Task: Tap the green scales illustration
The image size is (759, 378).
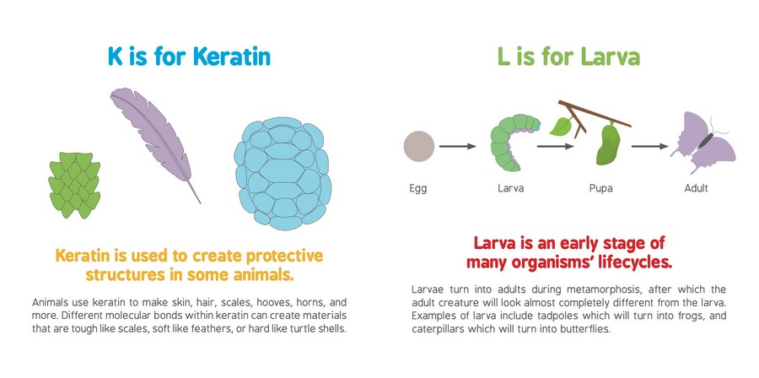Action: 74,185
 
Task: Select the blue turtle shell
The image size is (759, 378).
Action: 283,173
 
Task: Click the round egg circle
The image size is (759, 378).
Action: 419,146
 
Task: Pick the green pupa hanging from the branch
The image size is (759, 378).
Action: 608,144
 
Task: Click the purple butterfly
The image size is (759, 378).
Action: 702,141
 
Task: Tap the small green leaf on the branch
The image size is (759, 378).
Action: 562,126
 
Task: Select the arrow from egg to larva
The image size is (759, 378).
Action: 458,146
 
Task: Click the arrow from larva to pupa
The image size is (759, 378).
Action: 555,146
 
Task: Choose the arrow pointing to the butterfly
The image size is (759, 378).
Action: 650,146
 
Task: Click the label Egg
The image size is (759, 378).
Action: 418,188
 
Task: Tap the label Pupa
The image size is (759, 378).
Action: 600,188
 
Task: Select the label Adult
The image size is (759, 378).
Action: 696,188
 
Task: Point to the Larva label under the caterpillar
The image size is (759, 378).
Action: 511,188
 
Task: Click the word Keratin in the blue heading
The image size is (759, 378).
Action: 232,57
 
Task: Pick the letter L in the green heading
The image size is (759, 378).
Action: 503,57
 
